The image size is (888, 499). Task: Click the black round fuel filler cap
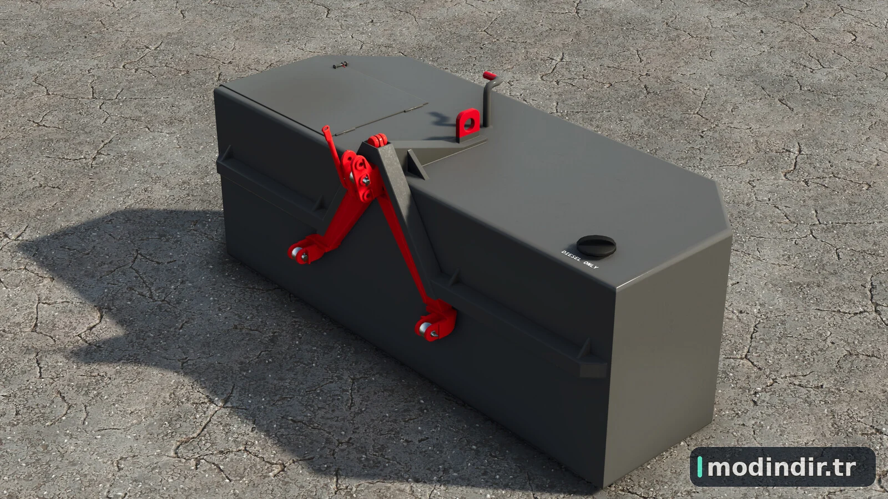(x=596, y=246)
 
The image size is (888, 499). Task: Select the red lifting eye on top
(x=468, y=124)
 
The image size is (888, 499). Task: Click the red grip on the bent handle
(x=490, y=75)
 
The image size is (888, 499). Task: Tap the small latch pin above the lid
(x=340, y=65)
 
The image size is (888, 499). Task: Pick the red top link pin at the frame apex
(x=377, y=140)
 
